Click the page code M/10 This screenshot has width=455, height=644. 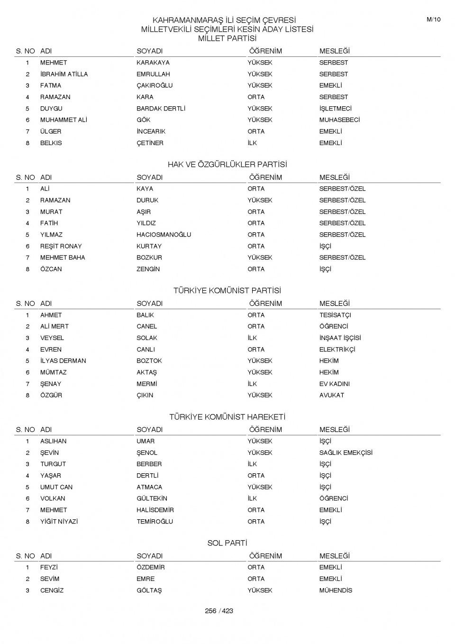pyautogui.click(x=433, y=19)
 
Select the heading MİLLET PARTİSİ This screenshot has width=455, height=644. pyautogui.click(x=227, y=38)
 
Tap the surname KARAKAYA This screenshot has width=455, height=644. pyautogui.click(x=153, y=63)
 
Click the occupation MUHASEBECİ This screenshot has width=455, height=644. pyautogui.click(x=339, y=120)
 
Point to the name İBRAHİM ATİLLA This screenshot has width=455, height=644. pyautogui.click(x=64, y=74)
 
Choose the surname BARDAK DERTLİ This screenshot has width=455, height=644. pyautogui.click(x=161, y=109)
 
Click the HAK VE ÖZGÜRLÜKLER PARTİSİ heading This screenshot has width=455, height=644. pyautogui.click(x=227, y=165)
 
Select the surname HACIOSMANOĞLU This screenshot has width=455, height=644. pyautogui.click(x=164, y=235)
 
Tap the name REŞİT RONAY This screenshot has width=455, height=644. pyautogui.click(x=61, y=246)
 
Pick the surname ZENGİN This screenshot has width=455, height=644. pyautogui.click(x=148, y=269)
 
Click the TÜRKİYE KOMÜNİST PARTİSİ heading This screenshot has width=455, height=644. pyautogui.click(x=227, y=291)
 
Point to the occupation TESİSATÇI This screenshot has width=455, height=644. pyautogui.click(x=335, y=315)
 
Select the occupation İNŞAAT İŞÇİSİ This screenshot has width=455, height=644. pyautogui.click(x=340, y=338)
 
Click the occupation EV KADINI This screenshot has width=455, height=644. pyautogui.click(x=334, y=384)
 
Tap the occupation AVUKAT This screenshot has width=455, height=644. pyautogui.click(x=331, y=395)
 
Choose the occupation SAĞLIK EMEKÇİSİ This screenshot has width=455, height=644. pyautogui.click(x=346, y=452)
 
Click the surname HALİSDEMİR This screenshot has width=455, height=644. pyautogui.click(x=155, y=510)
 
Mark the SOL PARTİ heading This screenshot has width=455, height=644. pyautogui.click(x=227, y=543)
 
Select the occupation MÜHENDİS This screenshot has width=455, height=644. pyautogui.click(x=336, y=590)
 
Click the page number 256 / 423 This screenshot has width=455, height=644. pyautogui.click(x=219, y=611)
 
